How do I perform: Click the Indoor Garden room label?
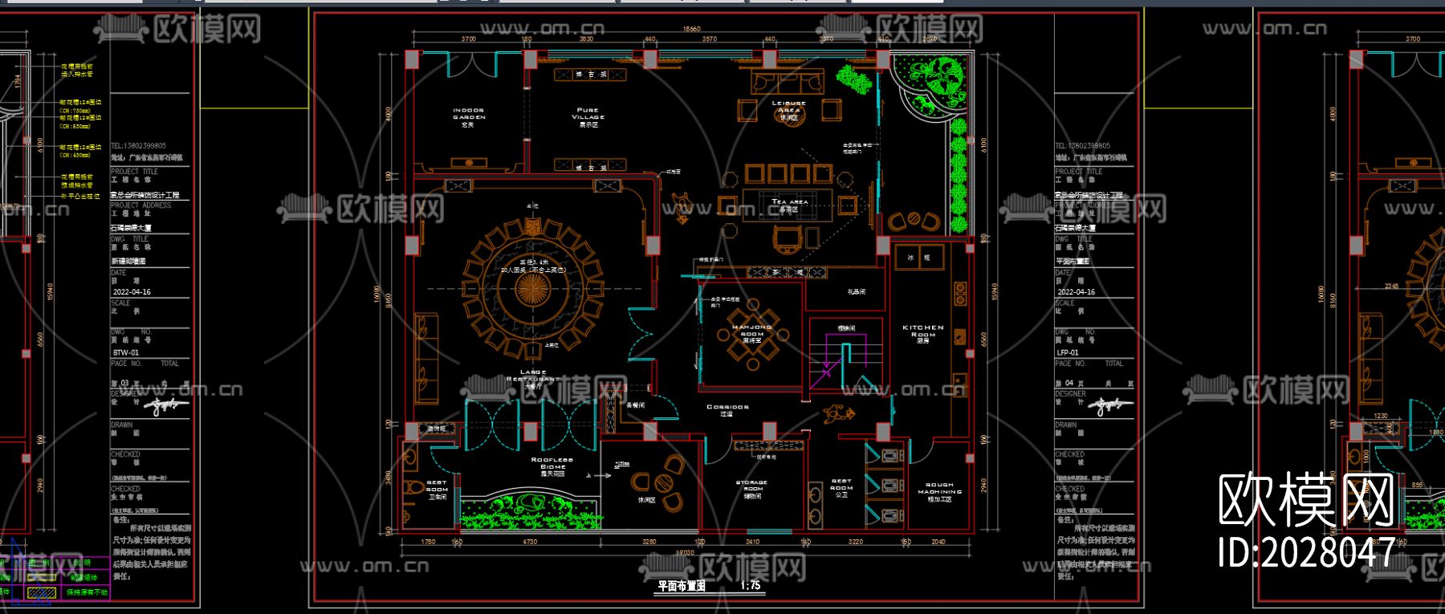pyautogui.click(x=469, y=116)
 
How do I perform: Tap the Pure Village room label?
pyautogui.click(x=588, y=116)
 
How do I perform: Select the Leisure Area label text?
pyautogui.click(x=788, y=109)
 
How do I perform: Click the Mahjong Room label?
pyautogui.click(x=751, y=332)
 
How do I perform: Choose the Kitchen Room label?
pyautogui.click(x=923, y=332)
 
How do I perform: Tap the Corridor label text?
pyautogui.click(x=727, y=409)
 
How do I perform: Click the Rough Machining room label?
pyautogui.click(x=939, y=491)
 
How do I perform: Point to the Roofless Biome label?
pyautogui.click(x=553, y=465)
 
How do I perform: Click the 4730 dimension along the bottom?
pyautogui.click(x=530, y=543)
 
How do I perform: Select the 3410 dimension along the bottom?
pyautogui.click(x=752, y=543)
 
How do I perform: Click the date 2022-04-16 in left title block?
pyautogui.click(x=132, y=292)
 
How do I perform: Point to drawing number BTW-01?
pyautogui.click(x=126, y=352)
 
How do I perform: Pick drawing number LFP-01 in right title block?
pyautogui.click(x=1068, y=352)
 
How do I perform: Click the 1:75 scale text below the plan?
pyautogui.click(x=751, y=586)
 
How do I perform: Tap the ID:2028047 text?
pyautogui.click(x=1306, y=553)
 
